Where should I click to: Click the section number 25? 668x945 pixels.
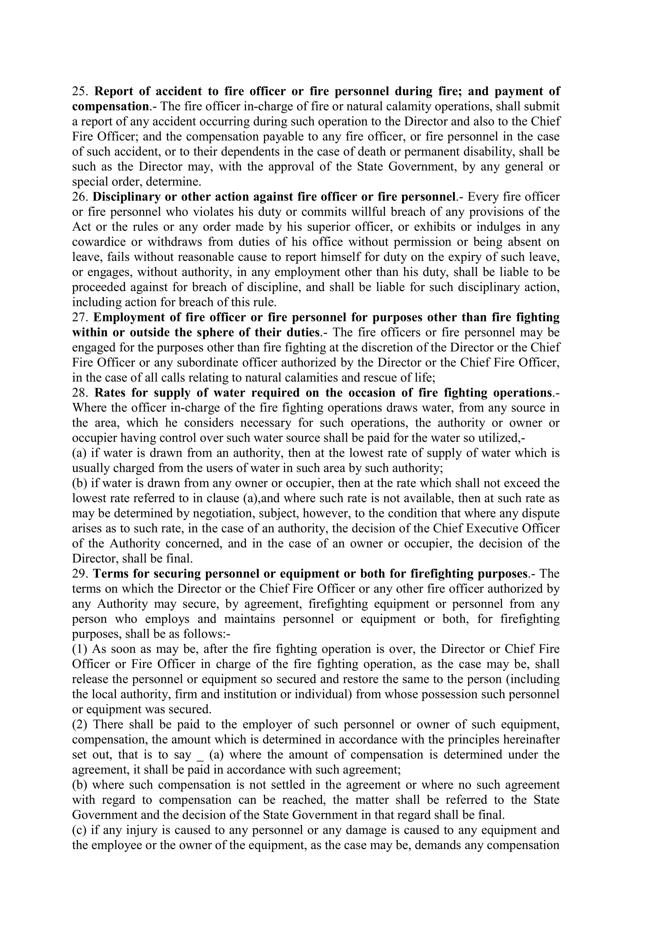79,91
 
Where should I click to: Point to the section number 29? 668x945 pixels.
79,573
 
